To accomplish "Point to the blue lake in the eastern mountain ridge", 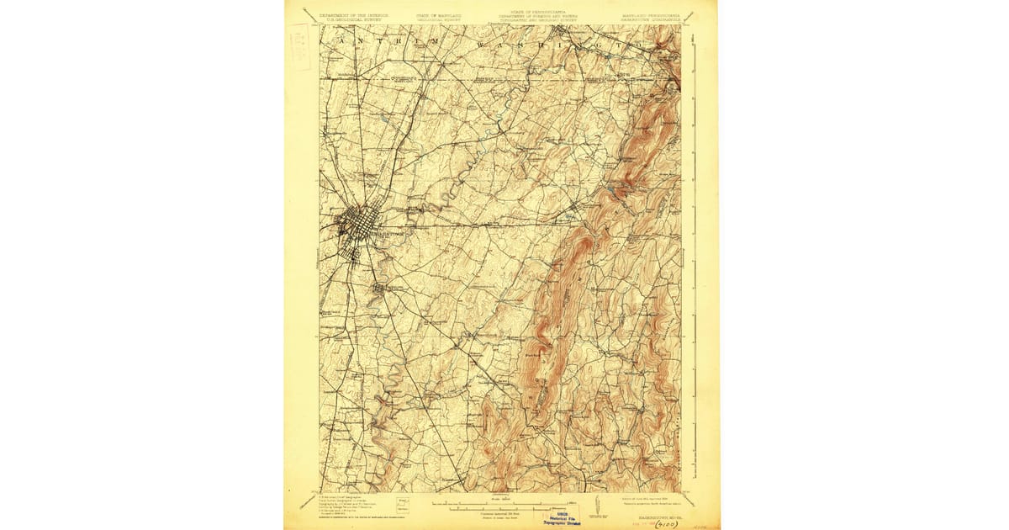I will point(608,195).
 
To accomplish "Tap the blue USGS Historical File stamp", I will point(565,516).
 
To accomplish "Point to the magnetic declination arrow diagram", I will point(596,504).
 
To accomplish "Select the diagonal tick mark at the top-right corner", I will point(689,15).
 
